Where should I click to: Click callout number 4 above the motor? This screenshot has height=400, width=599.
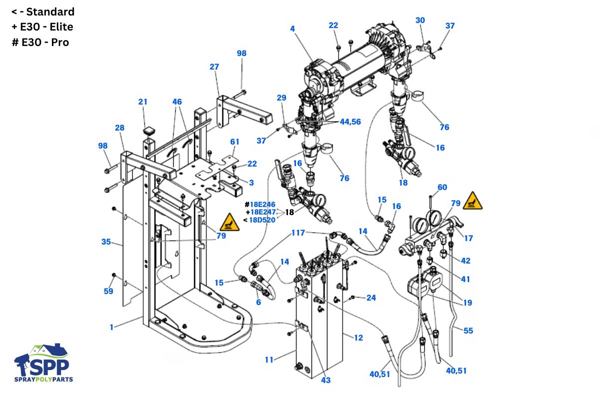tap(293, 28)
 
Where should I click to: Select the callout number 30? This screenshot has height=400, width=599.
tap(420, 20)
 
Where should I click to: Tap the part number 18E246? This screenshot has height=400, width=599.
tap(263, 204)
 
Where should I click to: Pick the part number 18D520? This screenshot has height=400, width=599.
tap(262, 220)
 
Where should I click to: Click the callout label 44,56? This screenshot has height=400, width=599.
tap(350, 122)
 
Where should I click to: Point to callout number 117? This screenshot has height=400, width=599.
tap(298, 232)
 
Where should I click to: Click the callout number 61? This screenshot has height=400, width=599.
tap(235, 141)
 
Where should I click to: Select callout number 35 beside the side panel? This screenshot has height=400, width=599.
tap(106, 241)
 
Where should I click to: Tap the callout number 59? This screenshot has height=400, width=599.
tap(108, 291)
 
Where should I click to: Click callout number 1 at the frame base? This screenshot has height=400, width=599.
tap(111, 327)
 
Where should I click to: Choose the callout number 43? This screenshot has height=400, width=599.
tap(325, 380)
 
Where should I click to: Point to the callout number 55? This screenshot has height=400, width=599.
tap(468, 330)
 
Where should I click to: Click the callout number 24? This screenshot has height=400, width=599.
tap(371, 297)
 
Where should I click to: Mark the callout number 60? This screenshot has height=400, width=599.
tap(442, 187)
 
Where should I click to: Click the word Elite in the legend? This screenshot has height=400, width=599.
tap(61, 27)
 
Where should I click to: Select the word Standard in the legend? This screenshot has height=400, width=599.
tap(50, 12)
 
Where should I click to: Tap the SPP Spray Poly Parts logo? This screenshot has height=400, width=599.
tap(43, 362)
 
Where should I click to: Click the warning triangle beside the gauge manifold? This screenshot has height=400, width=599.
tap(473, 201)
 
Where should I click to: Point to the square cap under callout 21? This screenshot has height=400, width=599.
tap(149, 130)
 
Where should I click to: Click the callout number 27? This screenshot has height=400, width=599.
tap(214, 66)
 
